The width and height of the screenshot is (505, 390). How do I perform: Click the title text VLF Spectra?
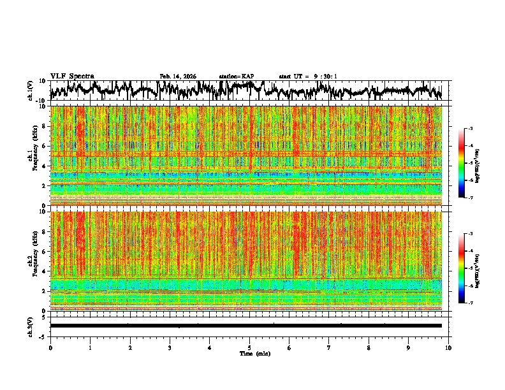[x=72, y=76]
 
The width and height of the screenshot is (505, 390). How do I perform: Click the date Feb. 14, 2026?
[x=178, y=76]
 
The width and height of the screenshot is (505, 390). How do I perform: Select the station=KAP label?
[x=236, y=76]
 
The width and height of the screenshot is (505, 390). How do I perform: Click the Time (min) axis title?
[x=249, y=353]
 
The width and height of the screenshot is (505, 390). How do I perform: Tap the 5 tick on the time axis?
[x=249, y=348]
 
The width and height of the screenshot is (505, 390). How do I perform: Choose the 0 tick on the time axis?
[x=50, y=348]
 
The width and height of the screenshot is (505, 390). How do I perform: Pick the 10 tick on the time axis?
[x=448, y=348]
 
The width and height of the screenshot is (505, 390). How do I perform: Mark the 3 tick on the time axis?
[x=170, y=348]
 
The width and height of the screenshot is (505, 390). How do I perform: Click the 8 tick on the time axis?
[x=369, y=348]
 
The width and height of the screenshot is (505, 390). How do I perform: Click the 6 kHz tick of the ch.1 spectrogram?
[x=45, y=146]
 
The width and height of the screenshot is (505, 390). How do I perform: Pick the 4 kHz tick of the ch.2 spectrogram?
[x=45, y=271]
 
